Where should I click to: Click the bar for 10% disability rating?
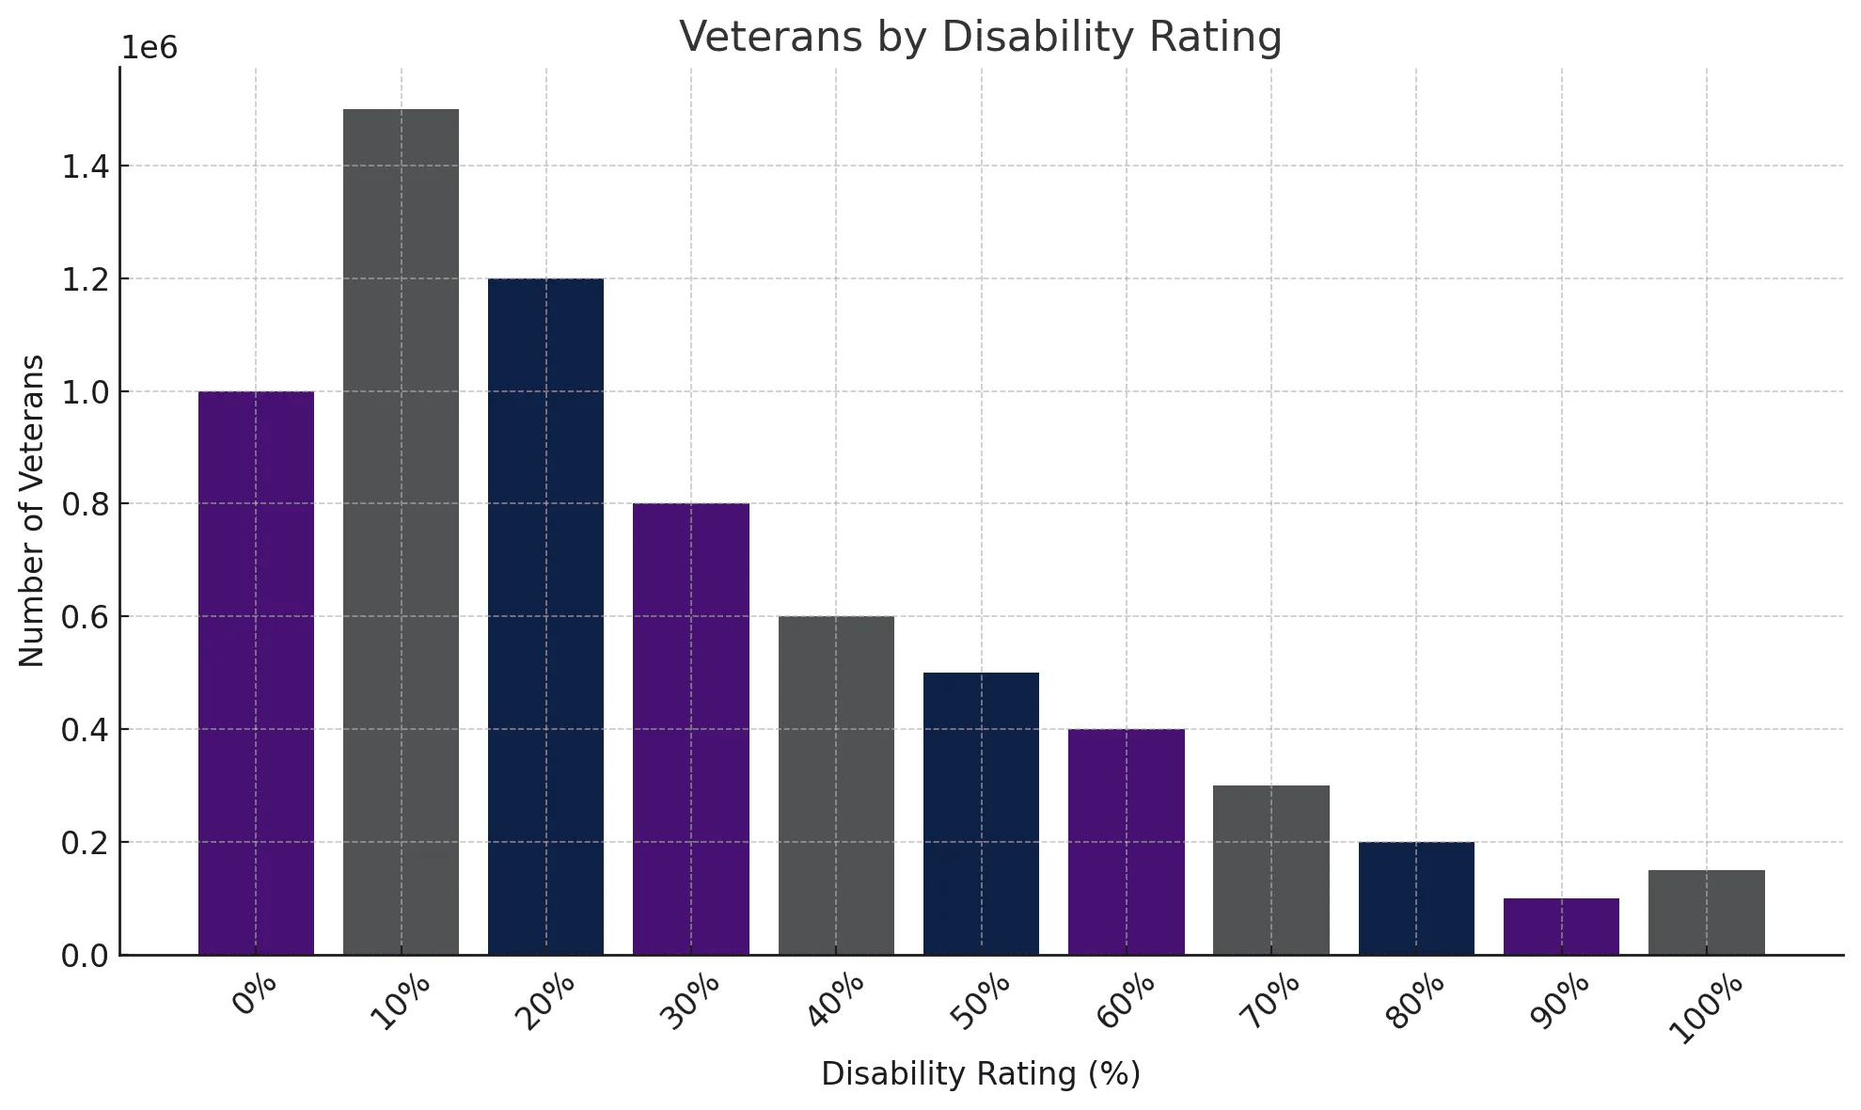(401, 531)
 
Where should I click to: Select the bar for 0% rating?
(256, 673)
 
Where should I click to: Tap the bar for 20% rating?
(545, 616)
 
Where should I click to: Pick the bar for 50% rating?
(981, 814)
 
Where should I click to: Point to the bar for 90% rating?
(1561, 927)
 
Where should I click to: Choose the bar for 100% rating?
(1706, 912)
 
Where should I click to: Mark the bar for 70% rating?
(1270, 870)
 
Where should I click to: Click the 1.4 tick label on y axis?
(84, 167)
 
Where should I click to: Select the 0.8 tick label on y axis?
(84, 505)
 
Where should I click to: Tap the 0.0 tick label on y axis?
(84, 957)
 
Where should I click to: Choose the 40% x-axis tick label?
(836, 1004)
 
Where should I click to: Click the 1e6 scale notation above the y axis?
(150, 48)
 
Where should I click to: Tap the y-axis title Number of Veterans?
(32, 511)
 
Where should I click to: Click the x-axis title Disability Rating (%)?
(981, 1074)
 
